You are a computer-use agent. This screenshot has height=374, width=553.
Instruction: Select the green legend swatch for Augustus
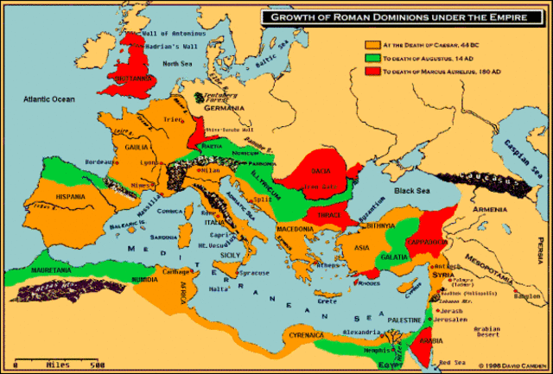pos(372,57)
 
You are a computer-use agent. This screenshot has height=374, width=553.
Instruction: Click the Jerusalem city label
pos(452,320)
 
